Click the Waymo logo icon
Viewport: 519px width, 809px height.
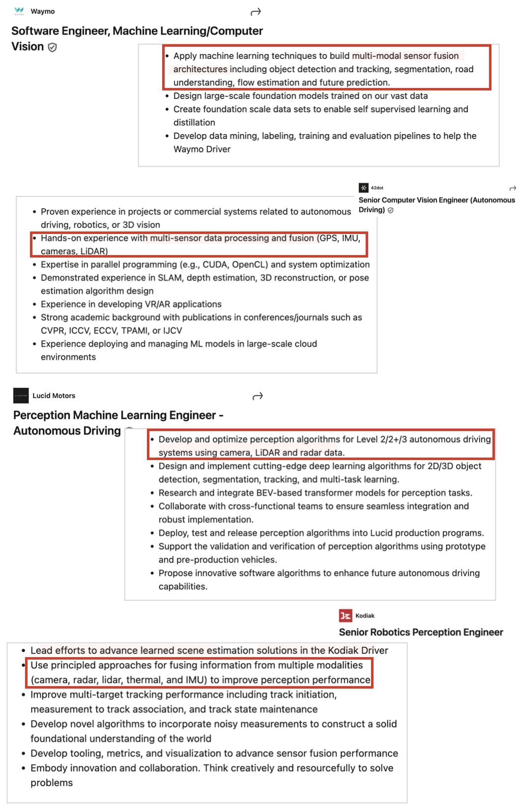point(19,11)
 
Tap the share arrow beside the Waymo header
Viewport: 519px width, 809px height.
point(256,12)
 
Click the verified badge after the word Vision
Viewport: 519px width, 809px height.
point(52,47)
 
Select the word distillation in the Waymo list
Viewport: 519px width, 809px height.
point(194,122)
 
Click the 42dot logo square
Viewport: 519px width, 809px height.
point(363,188)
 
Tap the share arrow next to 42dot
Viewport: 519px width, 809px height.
point(513,188)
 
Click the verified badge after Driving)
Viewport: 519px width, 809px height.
point(391,210)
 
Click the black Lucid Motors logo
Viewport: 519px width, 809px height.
point(21,396)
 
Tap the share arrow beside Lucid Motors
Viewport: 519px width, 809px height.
point(258,396)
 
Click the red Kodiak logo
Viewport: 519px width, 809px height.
point(346,615)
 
